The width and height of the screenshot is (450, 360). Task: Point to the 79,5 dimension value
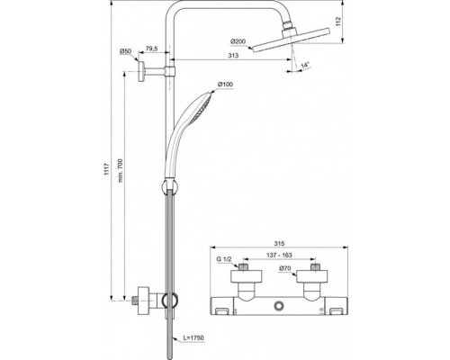pyautogui.click(x=152, y=49)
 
